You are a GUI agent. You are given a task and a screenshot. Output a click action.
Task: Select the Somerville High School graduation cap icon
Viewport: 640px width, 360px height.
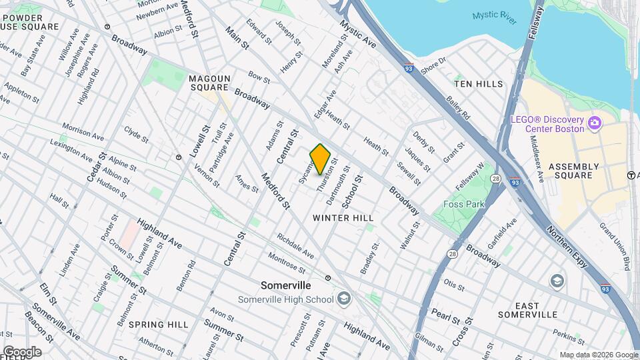tap(343, 299)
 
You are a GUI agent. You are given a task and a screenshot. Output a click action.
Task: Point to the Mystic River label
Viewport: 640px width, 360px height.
tap(495, 17)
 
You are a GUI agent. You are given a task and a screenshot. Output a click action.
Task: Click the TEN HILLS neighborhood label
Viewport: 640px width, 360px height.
tap(479, 84)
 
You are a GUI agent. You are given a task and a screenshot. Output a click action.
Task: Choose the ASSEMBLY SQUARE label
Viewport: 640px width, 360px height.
tap(570, 171)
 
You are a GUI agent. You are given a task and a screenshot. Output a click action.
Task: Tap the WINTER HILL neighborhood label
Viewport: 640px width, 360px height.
tap(343, 218)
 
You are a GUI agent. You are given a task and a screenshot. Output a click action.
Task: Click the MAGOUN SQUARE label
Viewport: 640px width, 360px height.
tap(209, 83)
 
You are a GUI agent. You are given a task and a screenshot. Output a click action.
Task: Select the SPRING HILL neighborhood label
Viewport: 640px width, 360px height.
tap(159, 325)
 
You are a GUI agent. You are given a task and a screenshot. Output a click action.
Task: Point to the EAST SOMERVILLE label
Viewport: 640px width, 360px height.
tap(527, 310)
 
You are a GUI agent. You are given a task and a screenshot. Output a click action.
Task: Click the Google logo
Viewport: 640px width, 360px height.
tap(21, 351)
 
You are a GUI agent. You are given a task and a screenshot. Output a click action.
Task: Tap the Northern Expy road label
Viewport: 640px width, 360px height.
tap(567, 244)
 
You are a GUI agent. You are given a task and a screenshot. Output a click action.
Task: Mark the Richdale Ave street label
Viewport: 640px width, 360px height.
tap(295, 245)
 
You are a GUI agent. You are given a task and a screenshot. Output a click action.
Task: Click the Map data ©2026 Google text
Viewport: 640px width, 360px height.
tap(599, 355)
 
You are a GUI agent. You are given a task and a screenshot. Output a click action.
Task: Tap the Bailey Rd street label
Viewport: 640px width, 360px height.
tap(459, 107)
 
